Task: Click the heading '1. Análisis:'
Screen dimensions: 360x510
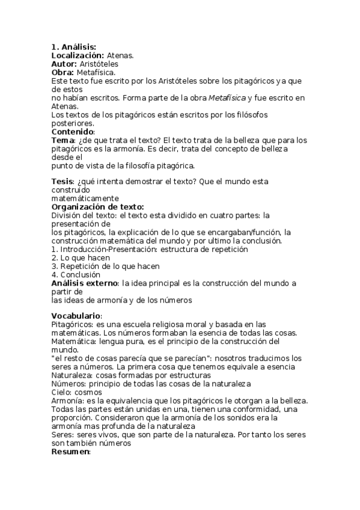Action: (x=73, y=46)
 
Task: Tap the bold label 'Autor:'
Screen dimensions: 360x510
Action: (x=64, y=63)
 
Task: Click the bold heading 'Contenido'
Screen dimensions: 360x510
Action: (x=72, y=131)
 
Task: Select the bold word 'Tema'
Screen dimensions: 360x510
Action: (x=61, y=140)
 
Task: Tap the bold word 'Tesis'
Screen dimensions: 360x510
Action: (x=62, y=181)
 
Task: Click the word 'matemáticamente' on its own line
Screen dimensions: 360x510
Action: (x=85, y=198)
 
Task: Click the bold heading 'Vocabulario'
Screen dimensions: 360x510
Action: (x=76, y=316)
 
